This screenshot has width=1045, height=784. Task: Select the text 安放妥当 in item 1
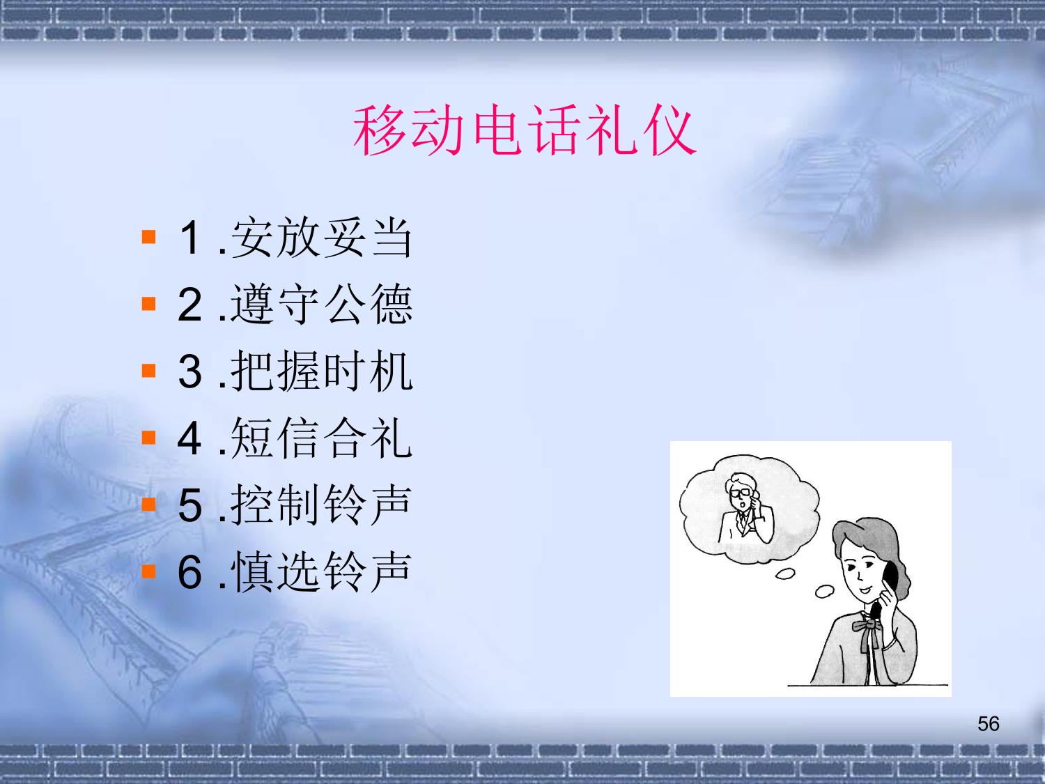point(321,238)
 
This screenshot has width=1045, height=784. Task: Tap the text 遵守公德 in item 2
point(321,304)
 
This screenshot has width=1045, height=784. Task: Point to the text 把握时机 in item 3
point(321,371)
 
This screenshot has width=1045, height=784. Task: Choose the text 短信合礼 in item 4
point(321,438)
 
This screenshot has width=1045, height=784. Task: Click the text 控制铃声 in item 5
point(321,505)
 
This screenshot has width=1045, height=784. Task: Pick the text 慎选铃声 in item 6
point(321,571)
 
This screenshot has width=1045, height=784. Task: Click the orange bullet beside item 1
point(149,236)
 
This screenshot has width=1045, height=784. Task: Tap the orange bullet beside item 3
point(149,370)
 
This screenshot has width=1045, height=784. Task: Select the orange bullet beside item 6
point(149,571)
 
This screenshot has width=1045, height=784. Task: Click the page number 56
point(989,724)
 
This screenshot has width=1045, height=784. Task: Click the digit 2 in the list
point(189,305)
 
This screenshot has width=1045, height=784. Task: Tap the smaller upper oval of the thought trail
point(785,574)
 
